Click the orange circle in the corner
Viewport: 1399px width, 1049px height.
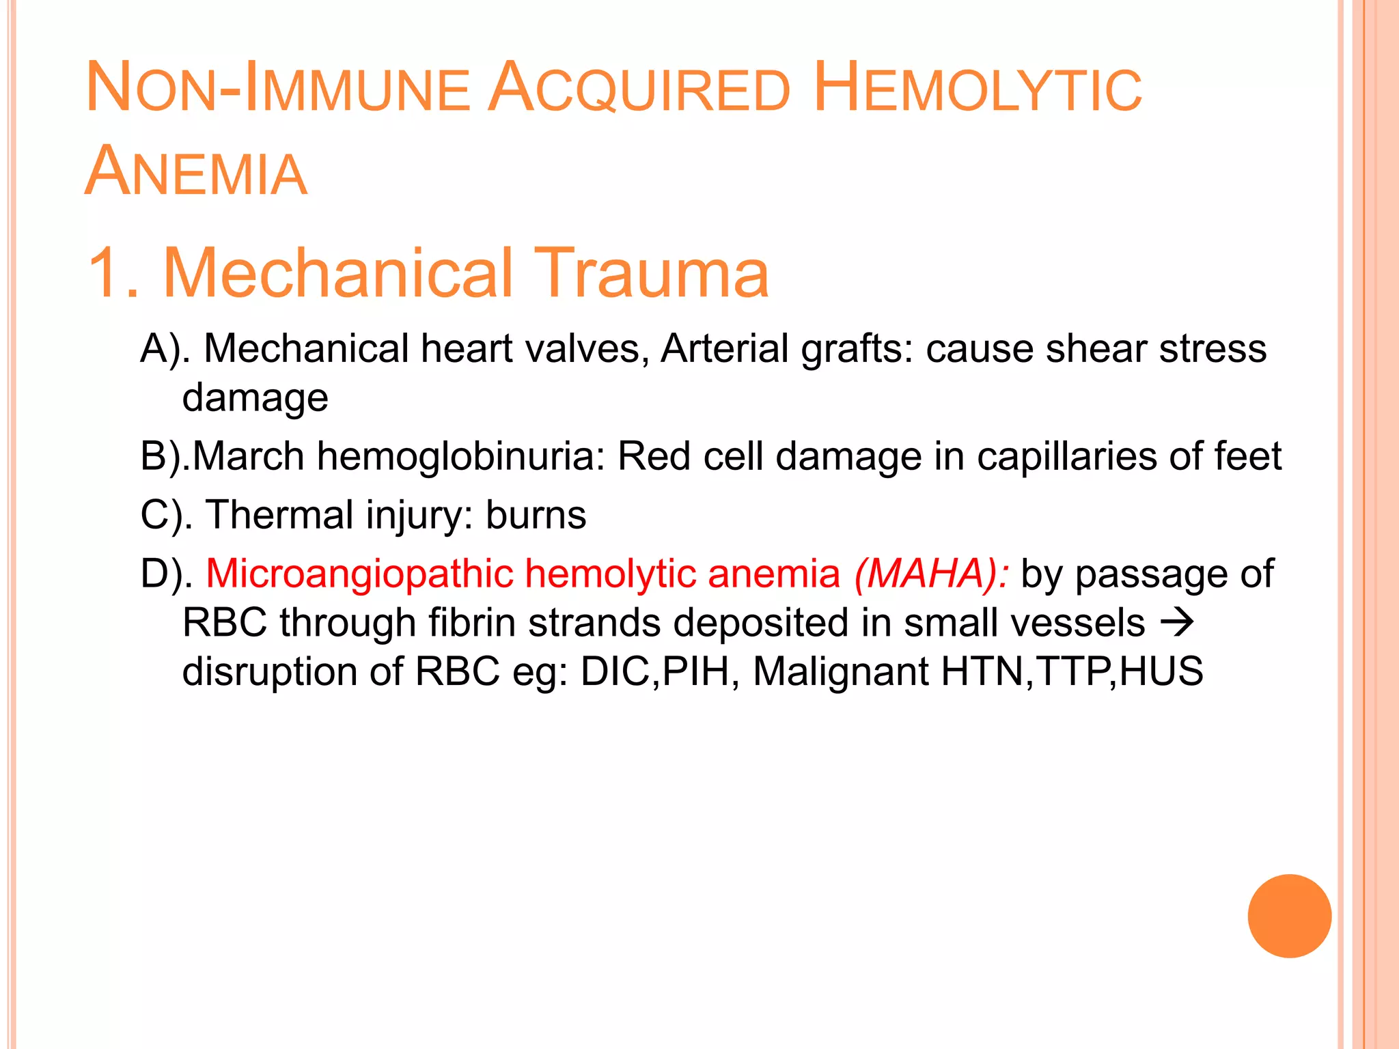pos(1289,916)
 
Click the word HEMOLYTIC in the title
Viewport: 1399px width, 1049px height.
pos(978,89)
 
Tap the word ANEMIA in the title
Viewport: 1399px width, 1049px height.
pos(196,172)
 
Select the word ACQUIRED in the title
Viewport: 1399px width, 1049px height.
pos(640,89)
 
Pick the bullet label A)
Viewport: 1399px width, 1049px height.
pos(164,348)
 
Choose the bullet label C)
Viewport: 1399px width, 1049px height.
pos(164,514)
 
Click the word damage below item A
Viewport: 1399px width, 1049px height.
pos(255,397)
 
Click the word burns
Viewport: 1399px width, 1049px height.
pos(536,514)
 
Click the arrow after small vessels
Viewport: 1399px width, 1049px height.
pos(1176,622)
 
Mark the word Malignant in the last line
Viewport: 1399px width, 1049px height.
pos(840,671)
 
